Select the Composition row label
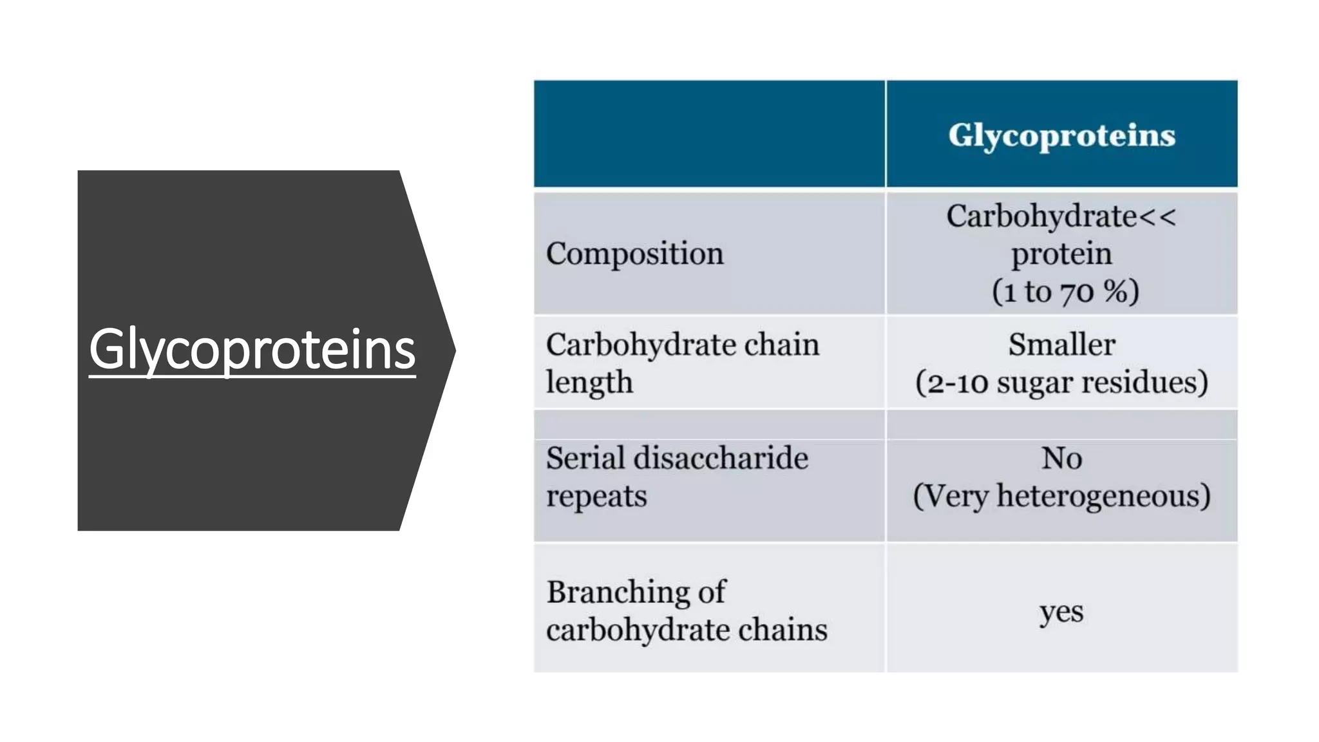pos(634,254)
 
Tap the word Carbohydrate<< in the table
pos(1061,216)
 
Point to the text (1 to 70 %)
pos(1065,291)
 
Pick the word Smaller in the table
pos(1061,344)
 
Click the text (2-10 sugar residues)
pos(1061,383)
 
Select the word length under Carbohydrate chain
pos(589,383)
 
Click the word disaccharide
pos(721,458)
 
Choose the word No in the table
pos(1061,459)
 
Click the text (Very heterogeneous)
pos(1061,496)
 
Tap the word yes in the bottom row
pos(1061,612)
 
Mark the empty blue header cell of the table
pos(709,134)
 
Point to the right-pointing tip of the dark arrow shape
pos(455,350)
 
